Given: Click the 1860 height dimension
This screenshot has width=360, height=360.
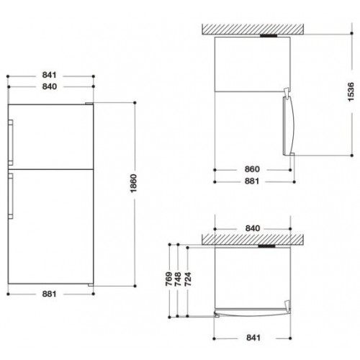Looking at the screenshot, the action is click(x=134, y=183).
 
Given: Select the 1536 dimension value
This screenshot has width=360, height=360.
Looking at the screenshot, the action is click(x=351, y=92).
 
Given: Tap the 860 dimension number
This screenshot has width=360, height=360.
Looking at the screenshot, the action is click(x=252, y=169).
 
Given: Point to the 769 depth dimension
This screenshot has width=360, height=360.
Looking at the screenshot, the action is click(x=169, y=279).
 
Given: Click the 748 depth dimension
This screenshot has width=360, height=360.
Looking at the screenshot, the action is click(x=178, y=279).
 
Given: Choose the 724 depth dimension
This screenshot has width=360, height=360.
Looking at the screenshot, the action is click(x=188, y=279).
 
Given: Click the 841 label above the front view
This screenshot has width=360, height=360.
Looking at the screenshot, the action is click(x=49, y=75).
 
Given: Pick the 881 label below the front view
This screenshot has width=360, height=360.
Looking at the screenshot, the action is click(x=49, y=294).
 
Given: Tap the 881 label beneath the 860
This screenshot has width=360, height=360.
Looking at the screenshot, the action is click(x=252, y=181).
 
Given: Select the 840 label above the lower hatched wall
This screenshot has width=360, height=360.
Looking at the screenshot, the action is click(x=253, y=228).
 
